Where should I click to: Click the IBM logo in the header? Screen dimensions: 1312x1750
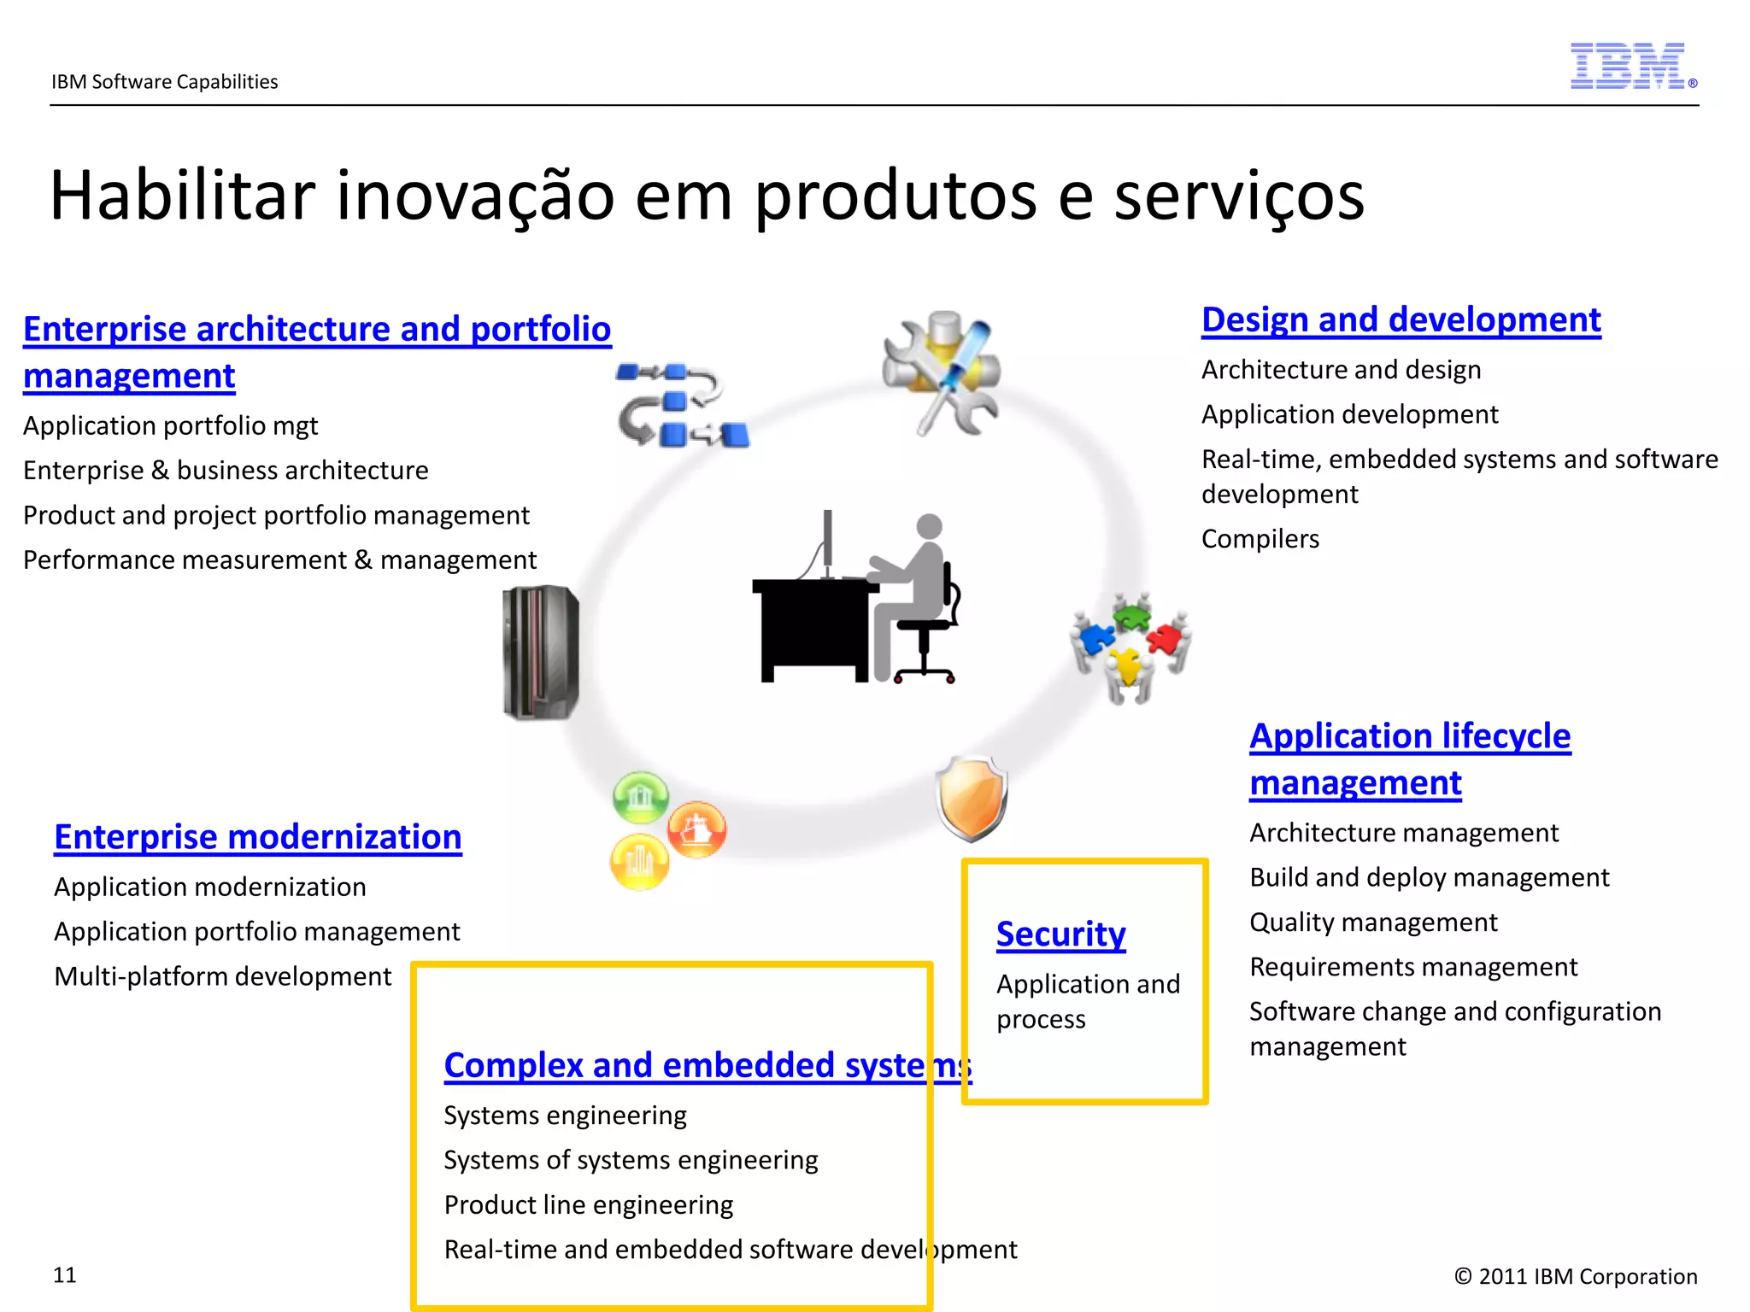pos(1628,67)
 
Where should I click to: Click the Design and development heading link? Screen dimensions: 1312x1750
pos(1401,320)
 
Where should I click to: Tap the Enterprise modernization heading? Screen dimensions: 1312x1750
pos(257,837)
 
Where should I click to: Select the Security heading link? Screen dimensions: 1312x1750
pos(1060,934)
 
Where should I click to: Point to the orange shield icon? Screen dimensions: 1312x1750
pos(972,798)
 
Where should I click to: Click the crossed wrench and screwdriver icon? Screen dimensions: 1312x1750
pos(941,372)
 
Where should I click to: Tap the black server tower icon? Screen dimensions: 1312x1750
pos(541,653)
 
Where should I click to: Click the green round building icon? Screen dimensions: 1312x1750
pos(640,796)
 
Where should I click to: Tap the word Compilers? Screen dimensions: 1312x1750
pos(1260,539)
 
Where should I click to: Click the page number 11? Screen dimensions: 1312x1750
pos(65,1275)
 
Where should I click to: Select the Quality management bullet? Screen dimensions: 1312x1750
pos(1372,922)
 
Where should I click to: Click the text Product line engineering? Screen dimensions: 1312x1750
pos(588,1205)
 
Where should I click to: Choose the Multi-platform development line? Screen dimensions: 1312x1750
pos(222,976)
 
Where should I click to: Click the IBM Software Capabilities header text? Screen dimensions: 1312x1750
pos(165,82)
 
